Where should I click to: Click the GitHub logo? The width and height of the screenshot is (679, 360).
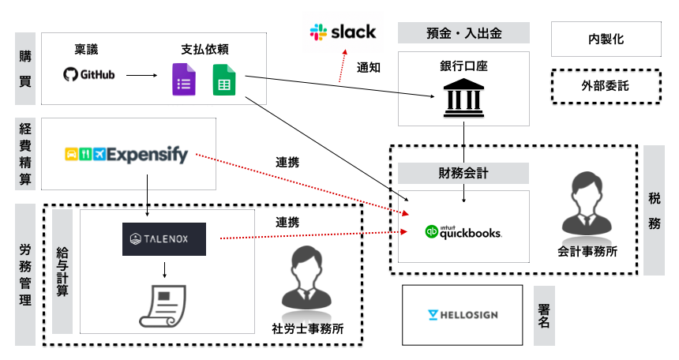point(89,75)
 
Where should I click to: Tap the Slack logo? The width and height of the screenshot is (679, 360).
point(343,32)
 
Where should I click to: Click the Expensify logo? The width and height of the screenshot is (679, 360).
point(126,154)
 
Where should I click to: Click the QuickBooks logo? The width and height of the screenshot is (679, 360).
point(463,232)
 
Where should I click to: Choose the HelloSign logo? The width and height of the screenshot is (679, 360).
point(462,315)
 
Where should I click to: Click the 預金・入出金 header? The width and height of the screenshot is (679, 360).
point(463,33)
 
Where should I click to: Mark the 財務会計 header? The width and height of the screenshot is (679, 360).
point(463,174)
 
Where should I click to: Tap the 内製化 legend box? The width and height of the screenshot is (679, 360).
point(604,38)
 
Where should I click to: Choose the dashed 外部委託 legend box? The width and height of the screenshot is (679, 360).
point(604,85)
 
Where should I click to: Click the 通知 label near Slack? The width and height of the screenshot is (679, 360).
point(369,68)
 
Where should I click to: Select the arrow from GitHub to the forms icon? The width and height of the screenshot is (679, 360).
point(142,76)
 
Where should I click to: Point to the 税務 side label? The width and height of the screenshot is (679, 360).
point(655,211)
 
